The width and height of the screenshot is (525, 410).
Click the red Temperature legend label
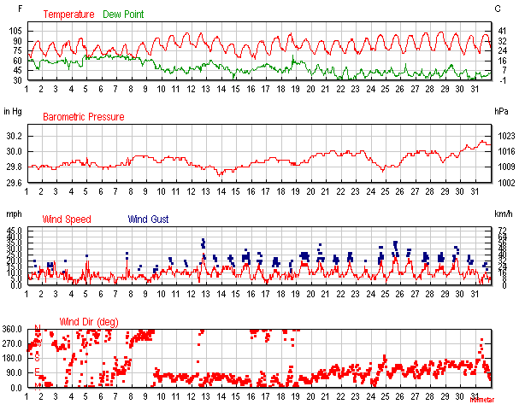pos(70,15)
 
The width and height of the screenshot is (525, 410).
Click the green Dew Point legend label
pos(124,15)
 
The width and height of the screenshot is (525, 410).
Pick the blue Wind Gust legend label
pos(149,220)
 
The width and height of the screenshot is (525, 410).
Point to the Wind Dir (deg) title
pos(88,322)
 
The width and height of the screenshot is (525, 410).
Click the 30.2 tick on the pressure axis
pos(14,137)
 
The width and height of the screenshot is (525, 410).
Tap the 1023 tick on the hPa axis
pos(505,137)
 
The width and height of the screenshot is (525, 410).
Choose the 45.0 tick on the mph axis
pos(15,231)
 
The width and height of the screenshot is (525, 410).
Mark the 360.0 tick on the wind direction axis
pos(13,329)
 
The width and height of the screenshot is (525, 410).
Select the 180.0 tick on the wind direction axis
pos(13,358)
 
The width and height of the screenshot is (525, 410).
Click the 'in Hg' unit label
pos(13,111)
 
